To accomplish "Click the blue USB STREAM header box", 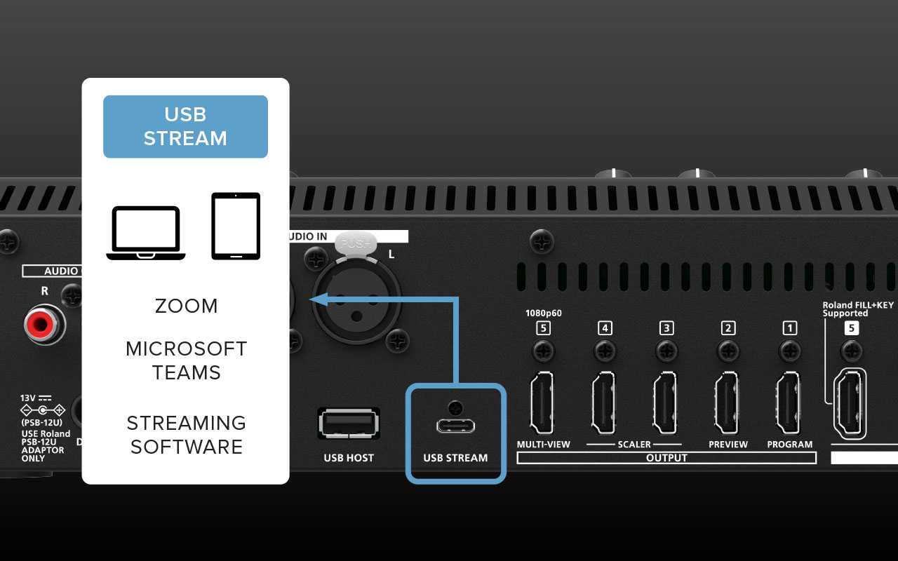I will tap(185, 126).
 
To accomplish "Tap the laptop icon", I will tap(146, 233).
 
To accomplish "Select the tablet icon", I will tap(236, 226).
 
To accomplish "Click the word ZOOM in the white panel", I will tap(186, 306).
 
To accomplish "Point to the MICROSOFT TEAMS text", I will tap(186, 360).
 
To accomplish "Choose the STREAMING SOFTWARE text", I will tap(186, 435).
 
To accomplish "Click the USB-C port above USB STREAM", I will tap(455, 426).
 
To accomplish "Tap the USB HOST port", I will tap(349, 424).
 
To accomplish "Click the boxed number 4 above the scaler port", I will tap(605, 327).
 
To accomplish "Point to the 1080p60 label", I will tap(544, 313).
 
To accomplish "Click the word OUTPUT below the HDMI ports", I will tap(666, 458).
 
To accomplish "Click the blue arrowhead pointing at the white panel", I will tap(316, 299).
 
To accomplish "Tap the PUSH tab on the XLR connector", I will tap(356, 243).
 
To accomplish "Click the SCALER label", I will tap(634, 445).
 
